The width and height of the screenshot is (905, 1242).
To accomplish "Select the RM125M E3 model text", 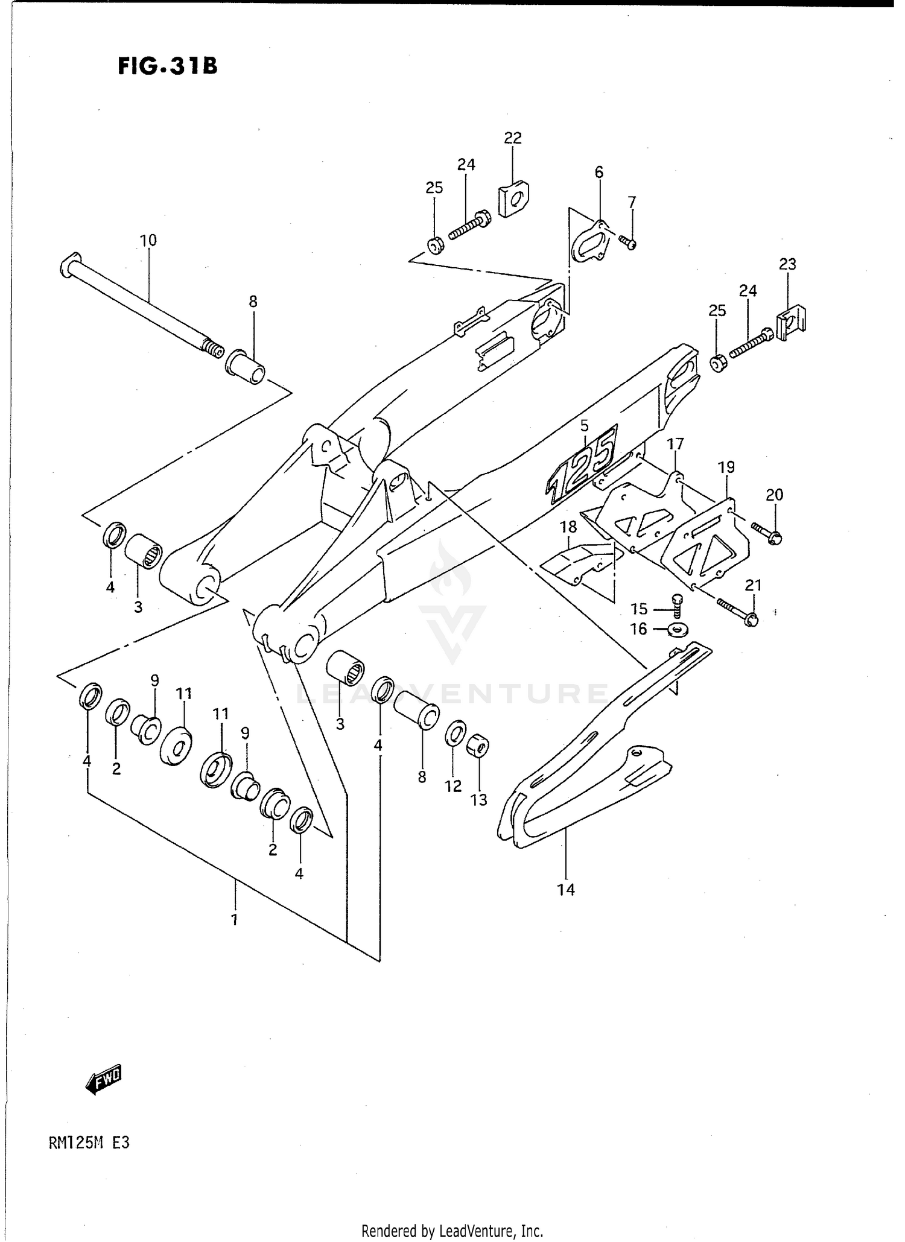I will click(x=88, y=1143).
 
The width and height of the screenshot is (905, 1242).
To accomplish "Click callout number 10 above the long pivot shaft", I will click(x=148, y=240).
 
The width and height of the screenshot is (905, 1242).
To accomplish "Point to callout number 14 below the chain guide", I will click(x=566, y=889).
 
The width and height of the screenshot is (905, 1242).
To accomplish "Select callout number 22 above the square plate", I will click(x=512, y=138).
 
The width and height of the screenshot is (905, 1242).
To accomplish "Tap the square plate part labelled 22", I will click(x=513, y=199).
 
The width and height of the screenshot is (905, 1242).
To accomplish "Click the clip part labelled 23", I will click(x=792, y=325).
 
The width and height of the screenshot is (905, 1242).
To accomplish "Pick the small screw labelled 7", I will click(x=629, y=243).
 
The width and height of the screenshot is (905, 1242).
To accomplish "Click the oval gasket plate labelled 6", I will click(x=589, y=243).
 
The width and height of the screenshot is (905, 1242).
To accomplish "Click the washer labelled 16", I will click(x=678, y=630).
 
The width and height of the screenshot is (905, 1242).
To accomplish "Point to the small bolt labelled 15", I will click(x=676, y=604).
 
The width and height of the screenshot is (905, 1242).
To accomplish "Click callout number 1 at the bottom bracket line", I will click(x=234, y=920).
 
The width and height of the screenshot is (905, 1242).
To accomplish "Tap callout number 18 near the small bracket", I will click(x=568, y=527).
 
